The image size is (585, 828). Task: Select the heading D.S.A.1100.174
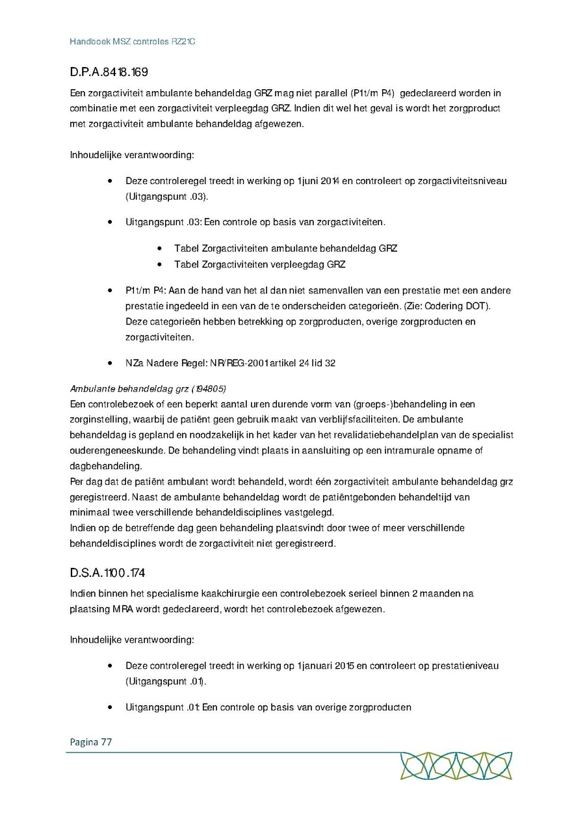pyautogui.click(x=107, y=572)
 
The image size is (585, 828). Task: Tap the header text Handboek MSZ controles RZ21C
pyautogui.click(x=133, y=42)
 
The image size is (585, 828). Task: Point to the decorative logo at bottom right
pyautogui.click(x=456, y=766)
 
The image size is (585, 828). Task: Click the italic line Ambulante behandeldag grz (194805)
pyautogui.click(x=148, y=389)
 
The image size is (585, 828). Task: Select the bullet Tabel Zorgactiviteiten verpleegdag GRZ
pyautogui.click(x=259, y=264)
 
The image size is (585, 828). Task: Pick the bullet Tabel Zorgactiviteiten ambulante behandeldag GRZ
pyautogui.click(x=285, y=248)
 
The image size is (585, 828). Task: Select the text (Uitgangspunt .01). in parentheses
pyautogui.click(x=166, y=681)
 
